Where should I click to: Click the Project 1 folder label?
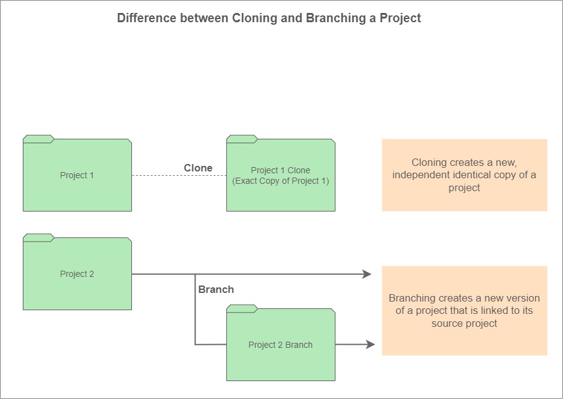pyautogui.click(x=77, y=175)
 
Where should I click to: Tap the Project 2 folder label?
pyautogui.click(x=77, y=274)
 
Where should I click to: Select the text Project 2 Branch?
pyautogui.click(x=281, y=345)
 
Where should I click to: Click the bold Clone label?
pyautogui.click(x=198, y=168)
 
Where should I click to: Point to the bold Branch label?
pyautogui.click(x=216, y=289)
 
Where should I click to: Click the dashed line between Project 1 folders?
pyautogui.click(x=179, y=176)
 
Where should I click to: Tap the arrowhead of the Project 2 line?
pyautogui.click(x=366, y=274)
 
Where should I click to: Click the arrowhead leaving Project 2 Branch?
pyautogui.click(x=370, y=344)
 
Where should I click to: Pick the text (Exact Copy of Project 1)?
pyautogui.click(x=281, y=181)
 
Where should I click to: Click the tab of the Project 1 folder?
pyautogui.click(x=38, y=139)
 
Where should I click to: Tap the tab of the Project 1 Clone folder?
pyautogui.click(x=242, y=139)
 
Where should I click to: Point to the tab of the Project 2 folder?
pyautogui.click(x=38, y=238)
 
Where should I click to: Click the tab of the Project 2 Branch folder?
pyautogui.click(x=242, y=308)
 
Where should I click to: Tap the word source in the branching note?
pyautogui.click(x=445, y=324)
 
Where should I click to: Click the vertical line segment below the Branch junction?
pyautogui.click(x=195, y=309)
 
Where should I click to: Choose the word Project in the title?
pyautogui.click(x=400, y=18)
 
